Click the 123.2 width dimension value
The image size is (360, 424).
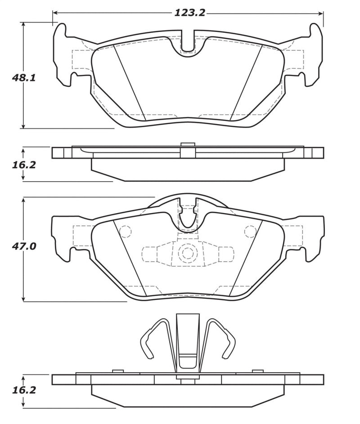coord(189,13)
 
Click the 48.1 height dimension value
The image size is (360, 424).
coord(24,77)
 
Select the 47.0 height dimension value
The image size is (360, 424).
coord(24,246)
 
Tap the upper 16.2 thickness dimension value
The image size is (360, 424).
coord(24,165)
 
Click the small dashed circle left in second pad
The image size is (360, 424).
coord(126,231)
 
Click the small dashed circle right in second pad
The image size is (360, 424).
coord(250,231)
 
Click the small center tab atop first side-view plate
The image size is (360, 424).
coord(187,145)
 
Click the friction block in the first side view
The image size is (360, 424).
coord(188,170)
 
